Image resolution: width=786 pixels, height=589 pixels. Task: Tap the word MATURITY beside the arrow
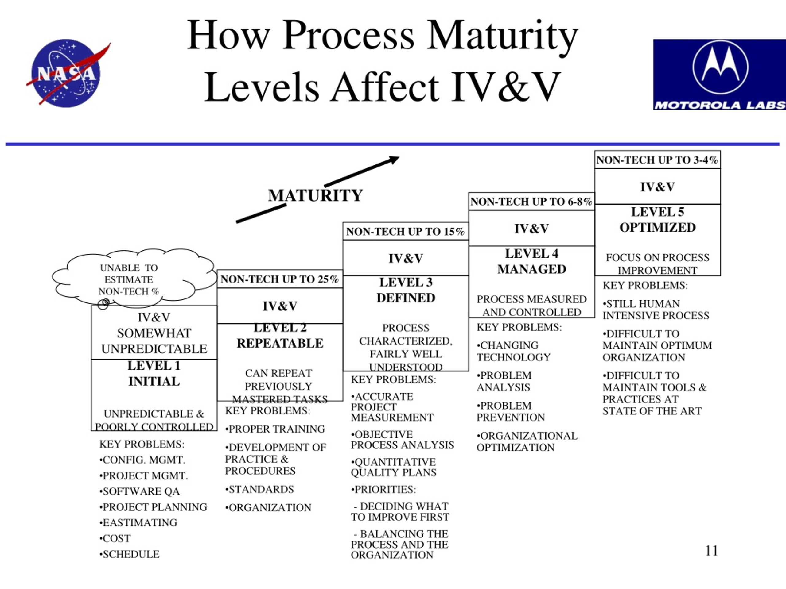click(315, 195)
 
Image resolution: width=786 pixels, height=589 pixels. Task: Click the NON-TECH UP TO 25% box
click(280, 279)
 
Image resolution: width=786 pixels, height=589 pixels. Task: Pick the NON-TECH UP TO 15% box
click(406, 232)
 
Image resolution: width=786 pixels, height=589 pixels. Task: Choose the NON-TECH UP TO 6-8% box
click(531, 202)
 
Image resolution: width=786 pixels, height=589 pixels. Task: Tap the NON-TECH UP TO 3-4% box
click(657, 160)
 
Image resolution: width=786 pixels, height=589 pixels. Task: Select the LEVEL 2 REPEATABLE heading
click(280, 336)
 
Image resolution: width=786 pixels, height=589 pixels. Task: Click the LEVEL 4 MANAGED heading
click(531, 261)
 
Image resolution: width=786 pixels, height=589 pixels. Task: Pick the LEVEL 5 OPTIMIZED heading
click(657, 219)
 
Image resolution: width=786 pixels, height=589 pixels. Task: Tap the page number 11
click(711, 551)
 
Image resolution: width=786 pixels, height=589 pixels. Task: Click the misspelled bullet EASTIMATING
click(138, 523)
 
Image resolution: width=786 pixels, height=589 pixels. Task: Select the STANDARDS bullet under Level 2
click(259, 489)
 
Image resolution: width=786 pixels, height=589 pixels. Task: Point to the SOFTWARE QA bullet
click(140, 491)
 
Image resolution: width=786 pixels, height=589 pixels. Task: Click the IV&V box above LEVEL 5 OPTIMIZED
click(657, 187)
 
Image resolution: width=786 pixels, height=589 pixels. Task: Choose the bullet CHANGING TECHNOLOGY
click(513, 351)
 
